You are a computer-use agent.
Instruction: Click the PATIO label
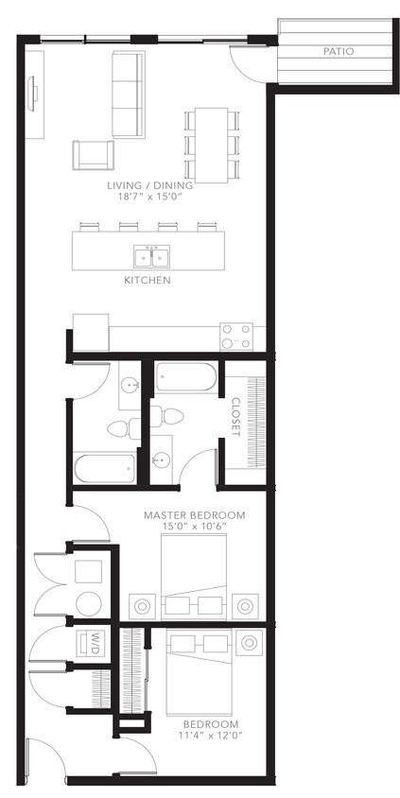[338, 52]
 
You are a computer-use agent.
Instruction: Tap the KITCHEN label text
[147, 281]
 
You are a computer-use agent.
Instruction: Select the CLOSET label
[235, 416]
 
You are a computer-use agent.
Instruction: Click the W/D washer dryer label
[96, 645]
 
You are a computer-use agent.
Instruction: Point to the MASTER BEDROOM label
[194, 515]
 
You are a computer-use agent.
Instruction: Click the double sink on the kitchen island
[149, 256]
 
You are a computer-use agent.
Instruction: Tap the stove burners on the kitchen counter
[235, 336]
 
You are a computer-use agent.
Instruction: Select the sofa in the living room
[129, 93]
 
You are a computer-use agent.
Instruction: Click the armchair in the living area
[93, 155]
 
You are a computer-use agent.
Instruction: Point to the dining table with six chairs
[210, 144]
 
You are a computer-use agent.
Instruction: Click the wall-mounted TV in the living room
[35, 92]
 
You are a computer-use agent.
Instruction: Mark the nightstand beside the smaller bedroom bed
[250, 643]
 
